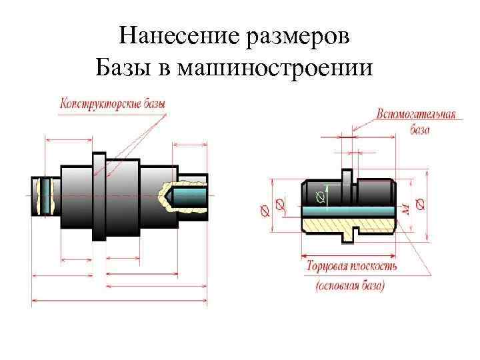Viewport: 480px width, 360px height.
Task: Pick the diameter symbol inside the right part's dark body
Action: coord(321,197)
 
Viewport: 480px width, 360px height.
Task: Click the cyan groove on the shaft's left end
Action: coord(46,195)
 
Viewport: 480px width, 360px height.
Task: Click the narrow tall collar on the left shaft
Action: coord(99,197)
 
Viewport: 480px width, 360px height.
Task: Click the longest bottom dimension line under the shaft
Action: coord(119,301)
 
